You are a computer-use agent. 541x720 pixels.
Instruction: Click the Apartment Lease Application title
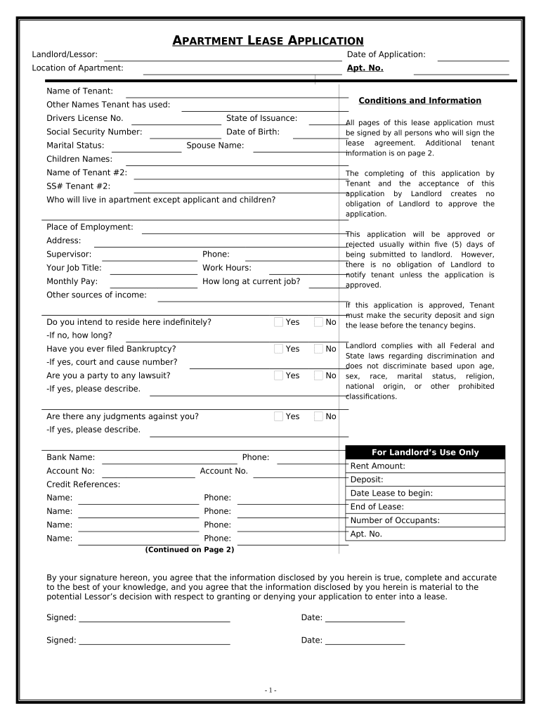tap(268, 41)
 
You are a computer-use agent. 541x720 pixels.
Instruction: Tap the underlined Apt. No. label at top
tap(365, 68)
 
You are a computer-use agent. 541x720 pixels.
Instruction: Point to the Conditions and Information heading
tap(419, 101)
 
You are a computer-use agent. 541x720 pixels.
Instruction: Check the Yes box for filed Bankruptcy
tap(279, 349)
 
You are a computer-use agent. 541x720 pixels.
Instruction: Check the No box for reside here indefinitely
tap(318, 322)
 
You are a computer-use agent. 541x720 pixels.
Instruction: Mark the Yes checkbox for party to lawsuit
tap(279, 375)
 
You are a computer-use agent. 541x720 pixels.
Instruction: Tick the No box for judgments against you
tap(318, 416)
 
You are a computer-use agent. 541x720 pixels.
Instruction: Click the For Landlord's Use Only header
tap(425, 452)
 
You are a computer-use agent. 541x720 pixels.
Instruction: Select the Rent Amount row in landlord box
tap(425, 466)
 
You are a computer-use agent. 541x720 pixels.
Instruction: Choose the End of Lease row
tap(425, 507)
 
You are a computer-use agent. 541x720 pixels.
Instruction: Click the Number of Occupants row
tap(425, 520)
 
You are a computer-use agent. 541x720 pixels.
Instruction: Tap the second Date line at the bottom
tap(365, 642)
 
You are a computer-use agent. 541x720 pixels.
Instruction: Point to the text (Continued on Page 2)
tap(190, 549)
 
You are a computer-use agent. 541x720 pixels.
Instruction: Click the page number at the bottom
tap(270, 690)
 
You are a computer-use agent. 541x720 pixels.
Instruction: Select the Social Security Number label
tap(94, 131)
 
